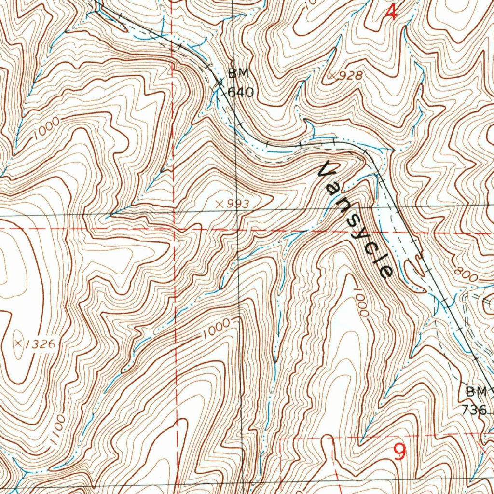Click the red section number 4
[x=393, y=12]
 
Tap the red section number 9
[x=399, y=452]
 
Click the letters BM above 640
[x=238, y=74]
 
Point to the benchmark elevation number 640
[x=240, y=91]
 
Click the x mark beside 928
[x=332, y=75]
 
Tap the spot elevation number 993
[x=237, y=205]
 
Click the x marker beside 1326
[x=19, y=343]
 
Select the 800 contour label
[x=467, y=276]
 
